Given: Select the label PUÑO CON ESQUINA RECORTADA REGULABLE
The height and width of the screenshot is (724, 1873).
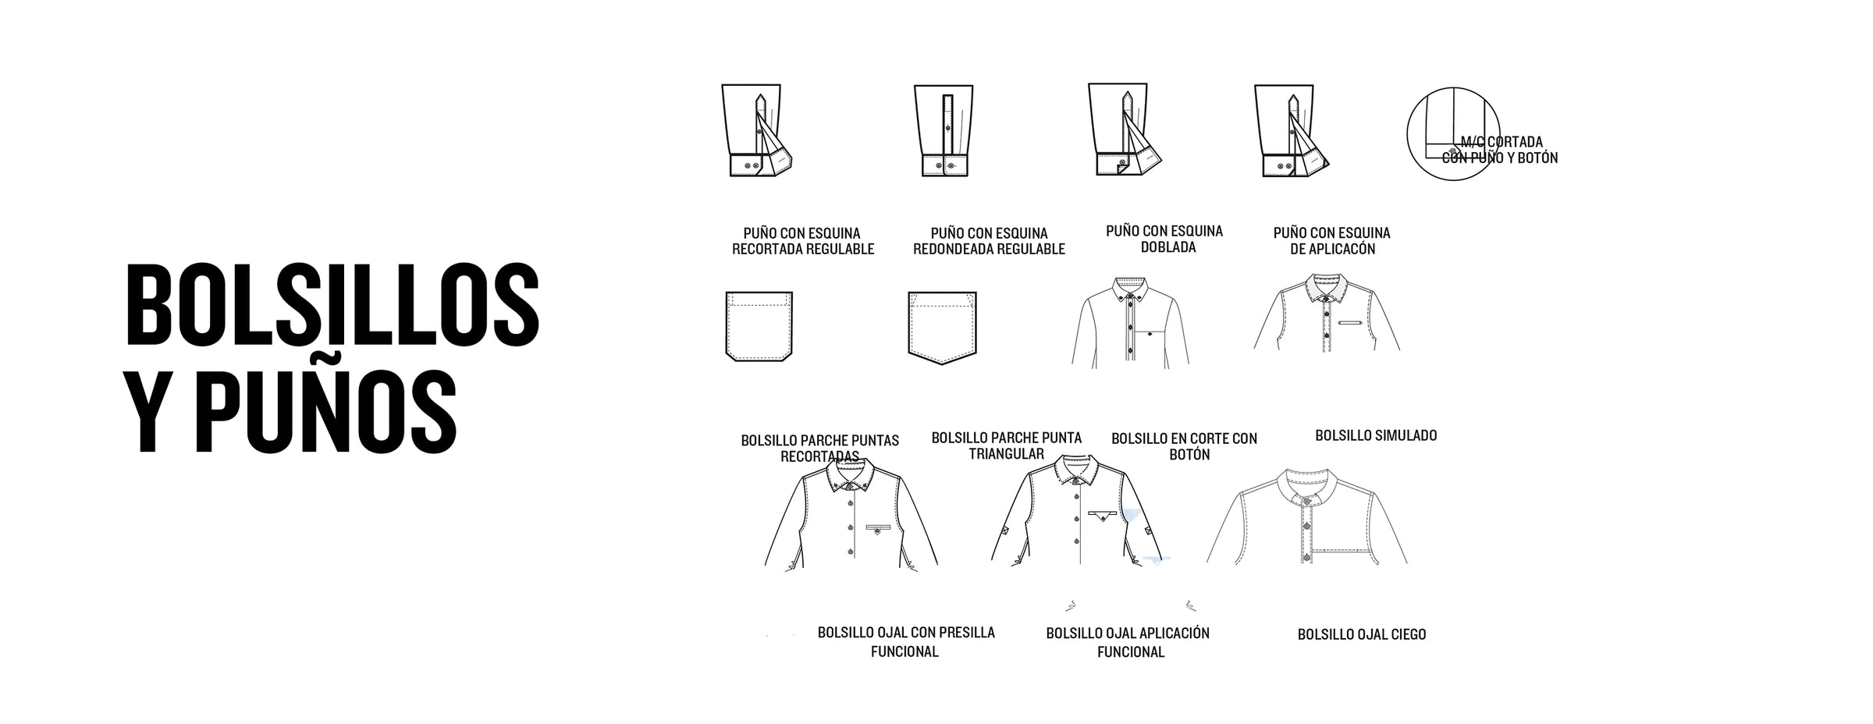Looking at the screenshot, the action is point(802,241).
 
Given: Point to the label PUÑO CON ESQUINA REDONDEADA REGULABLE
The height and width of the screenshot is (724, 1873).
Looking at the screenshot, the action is point(989,241).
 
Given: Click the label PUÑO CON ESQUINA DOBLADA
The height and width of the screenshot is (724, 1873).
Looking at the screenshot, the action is point(1164,240).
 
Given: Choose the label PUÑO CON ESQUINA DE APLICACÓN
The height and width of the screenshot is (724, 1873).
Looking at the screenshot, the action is point(1331,241).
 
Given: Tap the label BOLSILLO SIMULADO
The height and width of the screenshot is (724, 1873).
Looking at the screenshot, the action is point(1376,435).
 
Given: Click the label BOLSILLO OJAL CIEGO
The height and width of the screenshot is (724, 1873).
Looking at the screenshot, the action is point(1362,634).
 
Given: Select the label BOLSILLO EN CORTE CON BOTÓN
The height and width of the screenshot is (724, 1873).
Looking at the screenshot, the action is point(1185,446).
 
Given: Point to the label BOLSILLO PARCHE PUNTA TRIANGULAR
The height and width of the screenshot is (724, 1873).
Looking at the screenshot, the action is point(1007,445).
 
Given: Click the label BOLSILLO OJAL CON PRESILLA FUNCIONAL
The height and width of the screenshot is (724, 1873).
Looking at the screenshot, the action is point(906,641).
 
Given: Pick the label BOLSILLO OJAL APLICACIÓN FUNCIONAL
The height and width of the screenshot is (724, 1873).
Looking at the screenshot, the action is point(1128,642).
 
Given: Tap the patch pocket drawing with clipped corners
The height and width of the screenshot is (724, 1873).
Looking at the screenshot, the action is point(759,326).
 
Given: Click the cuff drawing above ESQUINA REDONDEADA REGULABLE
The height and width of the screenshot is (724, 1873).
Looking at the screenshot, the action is point(946,130).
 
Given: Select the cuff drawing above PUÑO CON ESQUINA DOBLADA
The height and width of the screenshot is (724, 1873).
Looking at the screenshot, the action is point(1126,130).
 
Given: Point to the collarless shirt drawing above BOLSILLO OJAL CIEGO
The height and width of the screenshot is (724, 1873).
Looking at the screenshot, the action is point(1307,516).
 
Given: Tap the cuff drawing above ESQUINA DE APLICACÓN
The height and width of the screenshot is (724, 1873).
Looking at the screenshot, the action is point(1292,131).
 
